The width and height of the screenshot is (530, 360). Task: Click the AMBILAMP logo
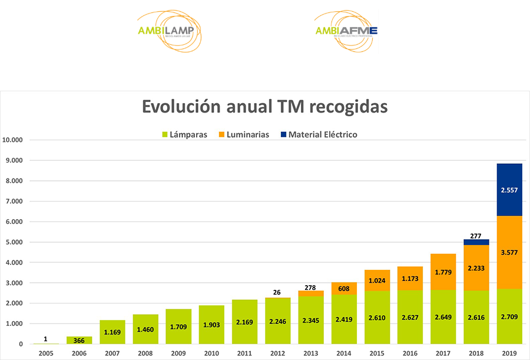[169, 31]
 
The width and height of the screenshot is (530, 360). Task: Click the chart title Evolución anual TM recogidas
[264, 107]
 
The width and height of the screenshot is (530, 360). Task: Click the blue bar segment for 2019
[509, 190]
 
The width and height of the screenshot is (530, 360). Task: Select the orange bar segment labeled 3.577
[509, 252]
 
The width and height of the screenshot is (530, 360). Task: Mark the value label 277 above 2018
[476, 235]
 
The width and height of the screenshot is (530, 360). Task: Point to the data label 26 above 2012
[277, 293]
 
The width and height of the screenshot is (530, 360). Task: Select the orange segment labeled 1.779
[443, 272]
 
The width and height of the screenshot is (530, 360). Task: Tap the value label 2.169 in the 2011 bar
[244, 322]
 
